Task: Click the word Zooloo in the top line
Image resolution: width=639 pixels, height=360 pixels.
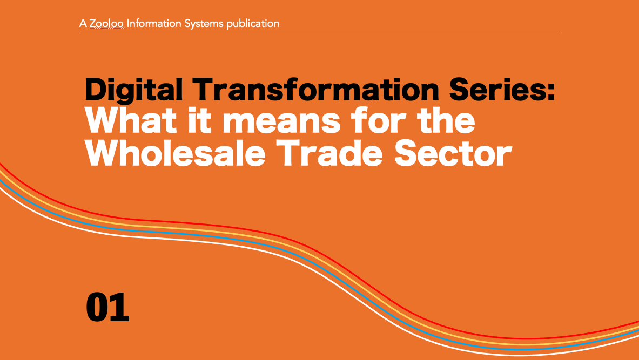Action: pyautogui.click(x=107, y=24)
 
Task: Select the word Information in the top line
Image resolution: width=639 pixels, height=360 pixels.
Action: pyautogui.click(x=154, y=24)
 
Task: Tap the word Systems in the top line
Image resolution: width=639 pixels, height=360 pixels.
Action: pyautogui.click(x=204, y=24)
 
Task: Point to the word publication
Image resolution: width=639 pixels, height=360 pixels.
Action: pyautogui.click(x=253, y=24)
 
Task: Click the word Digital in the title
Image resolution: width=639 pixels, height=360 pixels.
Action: pyautogui.click(x=133, y=90)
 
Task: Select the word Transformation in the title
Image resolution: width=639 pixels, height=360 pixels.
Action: pyautogui.click(x=315, y=89)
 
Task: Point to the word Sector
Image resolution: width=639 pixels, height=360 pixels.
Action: pyautogui.click(x=453, y=153)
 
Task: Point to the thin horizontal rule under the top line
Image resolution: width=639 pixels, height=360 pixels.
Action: pyautogui.click(x=320, y=33)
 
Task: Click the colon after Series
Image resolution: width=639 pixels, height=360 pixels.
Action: pyautogui.click(x=550, y=91)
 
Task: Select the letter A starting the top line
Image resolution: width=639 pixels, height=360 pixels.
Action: pyautogui.click(x=83, y=24)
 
